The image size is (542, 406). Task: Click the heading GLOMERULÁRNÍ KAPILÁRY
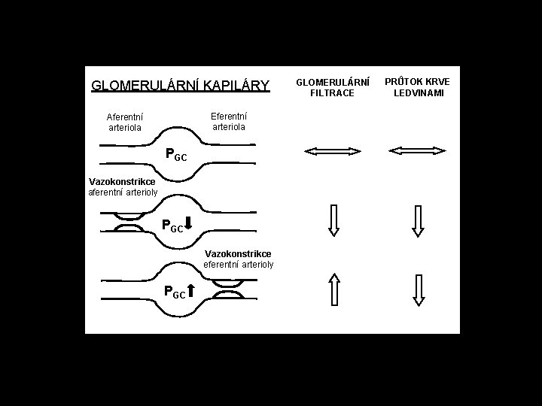pos(180,86)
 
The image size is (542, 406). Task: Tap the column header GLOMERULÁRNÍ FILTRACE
pos(332,86)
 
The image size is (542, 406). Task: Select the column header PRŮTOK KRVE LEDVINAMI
pos(419,86)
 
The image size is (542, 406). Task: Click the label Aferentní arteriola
pos(125,122)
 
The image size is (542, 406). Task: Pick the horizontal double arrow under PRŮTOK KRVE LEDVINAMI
pos(418,152)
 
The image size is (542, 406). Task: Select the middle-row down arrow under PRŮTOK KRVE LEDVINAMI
pos(419,221)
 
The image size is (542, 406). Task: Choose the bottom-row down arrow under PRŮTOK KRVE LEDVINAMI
pos(419,290)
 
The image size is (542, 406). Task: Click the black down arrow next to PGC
pos(189,223)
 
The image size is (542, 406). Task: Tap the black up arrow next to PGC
pos(191,291)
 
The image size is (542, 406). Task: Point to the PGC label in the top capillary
pos(175,156)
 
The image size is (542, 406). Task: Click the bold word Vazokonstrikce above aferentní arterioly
pos(122,182)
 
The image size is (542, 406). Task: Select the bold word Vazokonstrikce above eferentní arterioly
pos(238,254)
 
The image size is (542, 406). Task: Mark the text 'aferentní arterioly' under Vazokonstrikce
pos(122,192)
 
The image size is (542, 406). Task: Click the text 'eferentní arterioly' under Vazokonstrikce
pos(239,265)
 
